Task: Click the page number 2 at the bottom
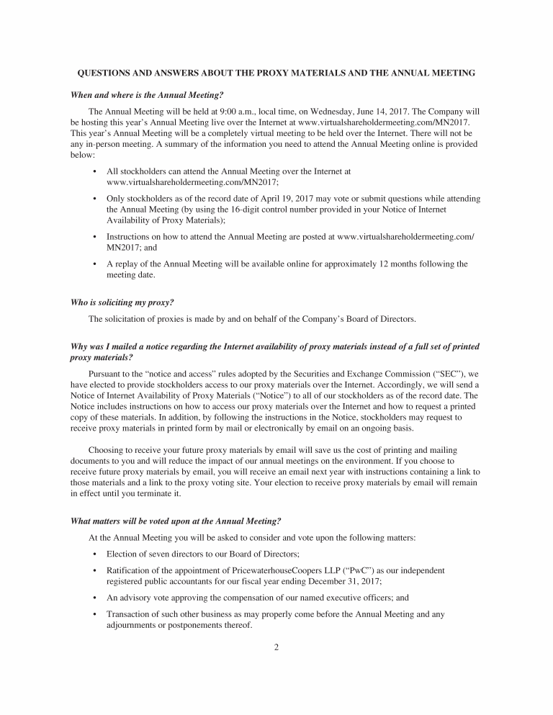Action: (x=276, y=647)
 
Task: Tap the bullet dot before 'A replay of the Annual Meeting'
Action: (x=95, y=264)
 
